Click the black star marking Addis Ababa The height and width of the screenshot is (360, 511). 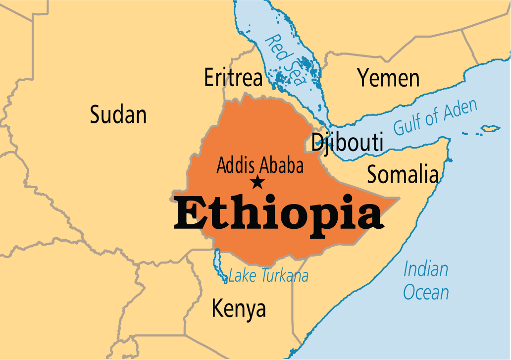257,182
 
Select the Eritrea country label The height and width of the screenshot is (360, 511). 233,78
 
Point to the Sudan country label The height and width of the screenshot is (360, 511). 118,115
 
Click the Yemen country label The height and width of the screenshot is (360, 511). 389,78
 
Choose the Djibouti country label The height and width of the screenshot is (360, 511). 347,143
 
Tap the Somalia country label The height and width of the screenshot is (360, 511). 402,175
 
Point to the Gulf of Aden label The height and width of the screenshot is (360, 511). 436,117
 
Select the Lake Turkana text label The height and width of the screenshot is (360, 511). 268,276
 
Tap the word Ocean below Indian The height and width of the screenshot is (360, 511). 426,292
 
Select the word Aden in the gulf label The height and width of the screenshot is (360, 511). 460,110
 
